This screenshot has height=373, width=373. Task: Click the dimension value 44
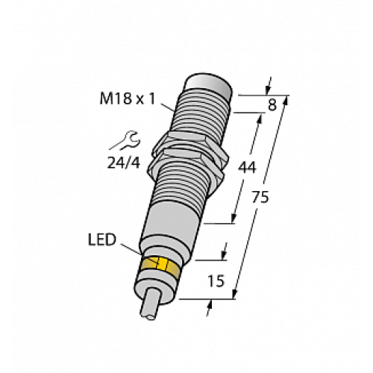point(248,166)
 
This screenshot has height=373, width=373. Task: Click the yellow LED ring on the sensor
point(159,266)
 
